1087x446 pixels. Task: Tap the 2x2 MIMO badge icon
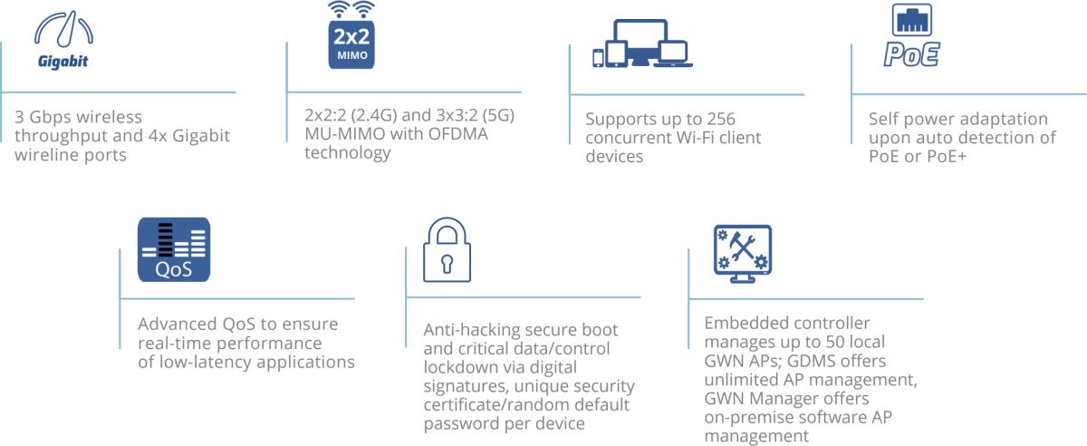(x=351, y=43)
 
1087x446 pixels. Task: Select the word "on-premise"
(x=746, y=417)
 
